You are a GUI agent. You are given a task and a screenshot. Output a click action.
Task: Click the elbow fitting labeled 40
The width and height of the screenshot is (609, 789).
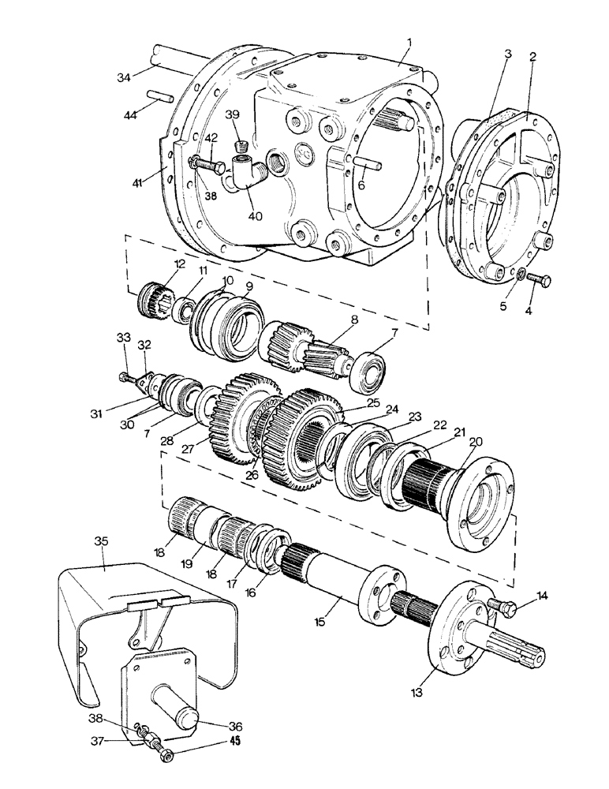coord(241,174)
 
